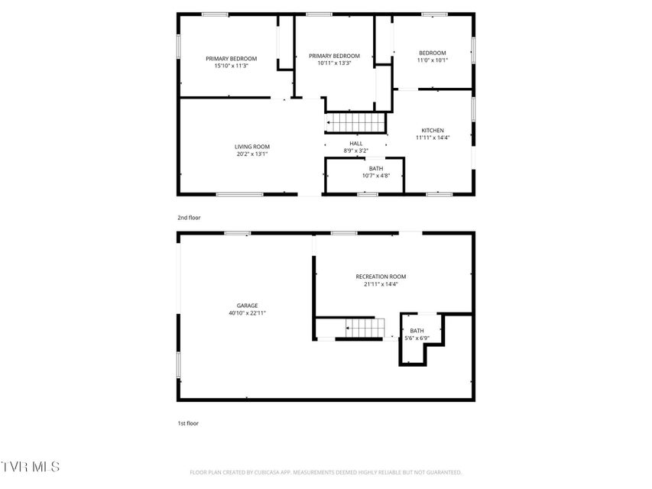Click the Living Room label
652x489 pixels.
coord(252,147)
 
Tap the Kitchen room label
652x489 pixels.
coord(433,131)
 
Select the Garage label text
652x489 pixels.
coord(248,306)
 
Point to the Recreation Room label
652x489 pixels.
coord(381,277)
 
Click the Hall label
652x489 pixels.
coord(356,144)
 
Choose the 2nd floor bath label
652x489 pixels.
coord(376,168)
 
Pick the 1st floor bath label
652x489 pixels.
coord(417,331)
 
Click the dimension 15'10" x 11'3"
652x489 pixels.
coord(231,66)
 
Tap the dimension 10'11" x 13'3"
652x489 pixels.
coord(334,63)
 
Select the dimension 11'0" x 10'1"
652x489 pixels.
coord(433,60)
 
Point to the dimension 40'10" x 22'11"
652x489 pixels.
coord(248,313)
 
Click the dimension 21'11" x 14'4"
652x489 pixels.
coord(381,284)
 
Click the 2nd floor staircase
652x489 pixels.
coord(355,123)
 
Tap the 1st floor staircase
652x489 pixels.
coord(365,328)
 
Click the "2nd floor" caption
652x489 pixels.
coord(190,218)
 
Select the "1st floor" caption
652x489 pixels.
coord(188,423)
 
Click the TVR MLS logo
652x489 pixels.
coord(30,467)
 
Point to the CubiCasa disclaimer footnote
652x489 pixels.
coord(326,472)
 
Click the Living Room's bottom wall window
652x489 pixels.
coord(239,194)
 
